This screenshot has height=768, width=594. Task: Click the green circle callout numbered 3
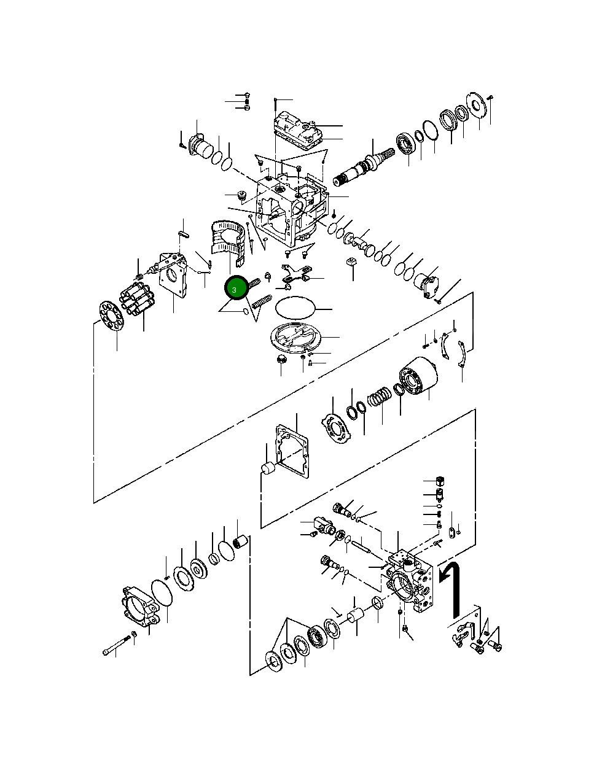click(x=234, y=289)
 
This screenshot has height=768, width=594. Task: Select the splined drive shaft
click(x=359, y=169)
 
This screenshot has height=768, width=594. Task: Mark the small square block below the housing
click(x=352, y=262)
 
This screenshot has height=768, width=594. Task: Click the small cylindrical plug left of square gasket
click(x=268, y=469)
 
